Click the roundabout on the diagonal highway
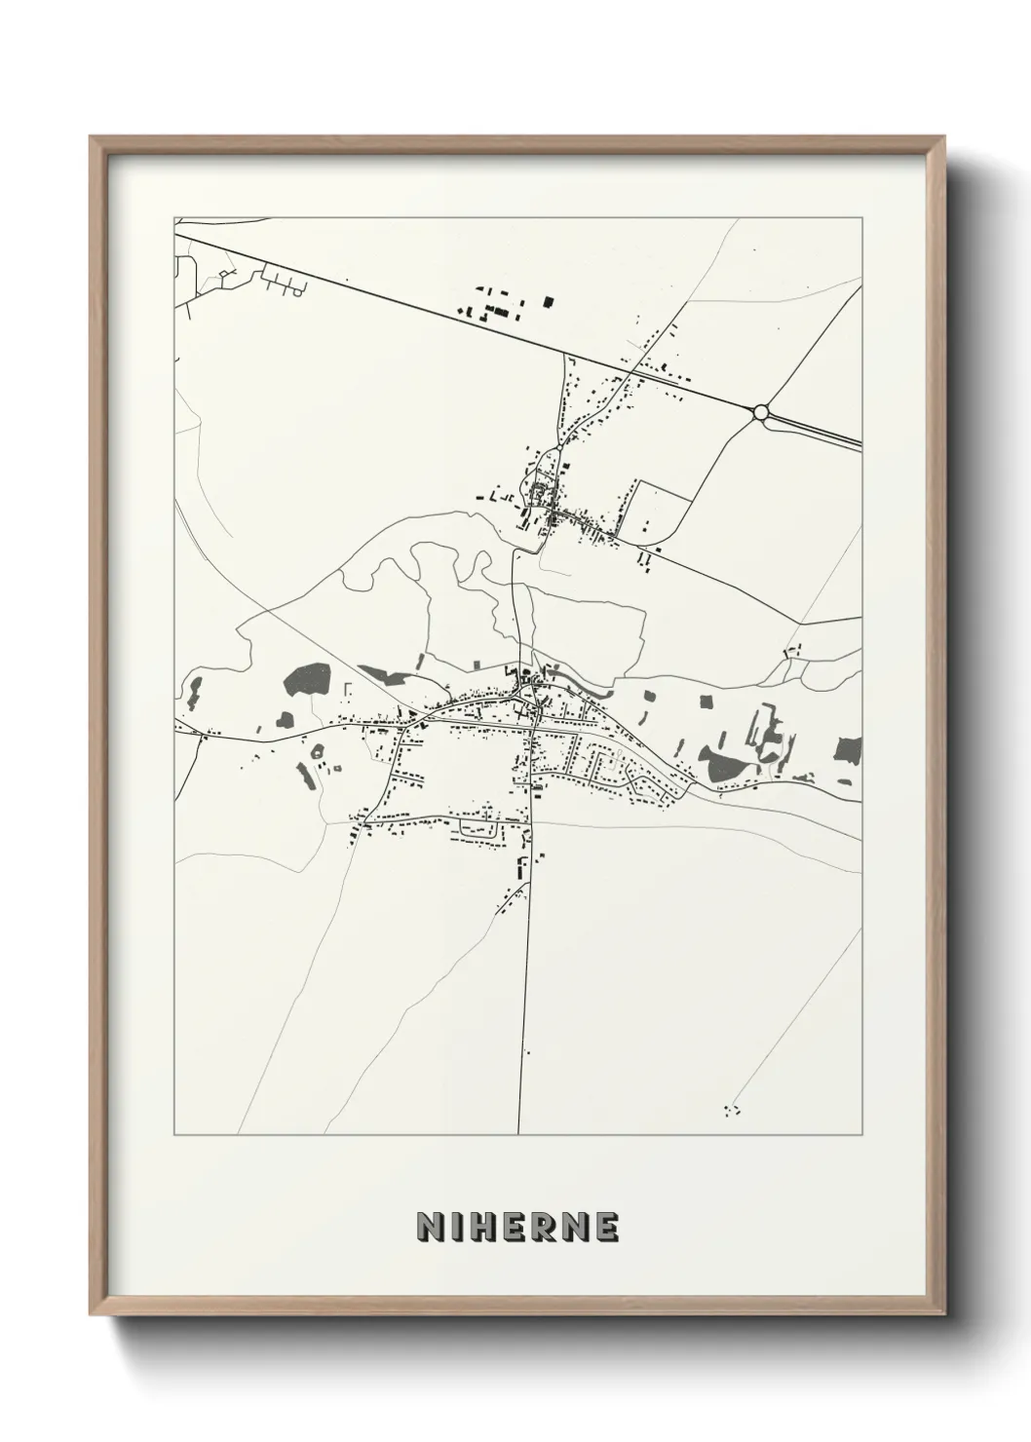[x=761, y=412]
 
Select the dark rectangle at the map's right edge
[x=849, y=749]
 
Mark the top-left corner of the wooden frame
[x=92, y=137]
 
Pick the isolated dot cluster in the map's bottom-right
[x=733, y=1109]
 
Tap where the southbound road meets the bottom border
[x=519, y=1133]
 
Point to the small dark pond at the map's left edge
[x=194, y=689]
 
